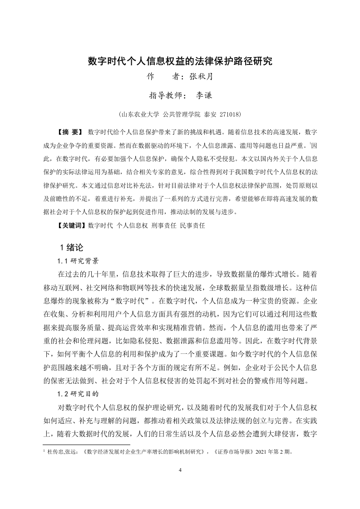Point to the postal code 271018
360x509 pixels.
[230, 114]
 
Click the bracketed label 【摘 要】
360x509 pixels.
[69, 132]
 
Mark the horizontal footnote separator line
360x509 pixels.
[86, 445]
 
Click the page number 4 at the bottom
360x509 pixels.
[180, 470]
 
